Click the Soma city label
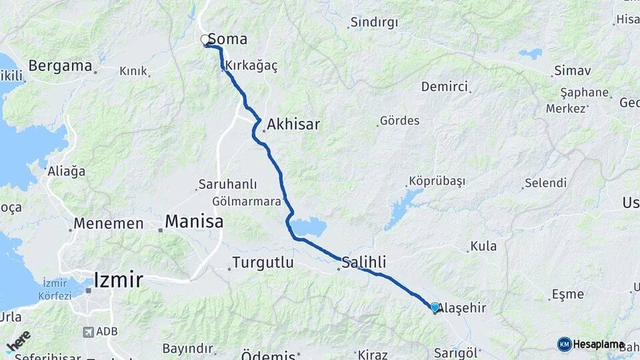coord(228,39)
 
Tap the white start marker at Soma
coord(205,40)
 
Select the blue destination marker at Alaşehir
coord(435,307)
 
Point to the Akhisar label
coord(294,124)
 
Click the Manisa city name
coord(194,221)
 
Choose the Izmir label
coord(119,279)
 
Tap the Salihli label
coord(364,262)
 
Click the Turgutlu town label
coord(263,263)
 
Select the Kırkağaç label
coord(251,66)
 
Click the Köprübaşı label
coord(437,181)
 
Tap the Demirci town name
coord(445,87)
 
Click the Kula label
coord(483,246)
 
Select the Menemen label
coord(109,224)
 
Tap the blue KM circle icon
coord(564,344)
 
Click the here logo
coord(19,341)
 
